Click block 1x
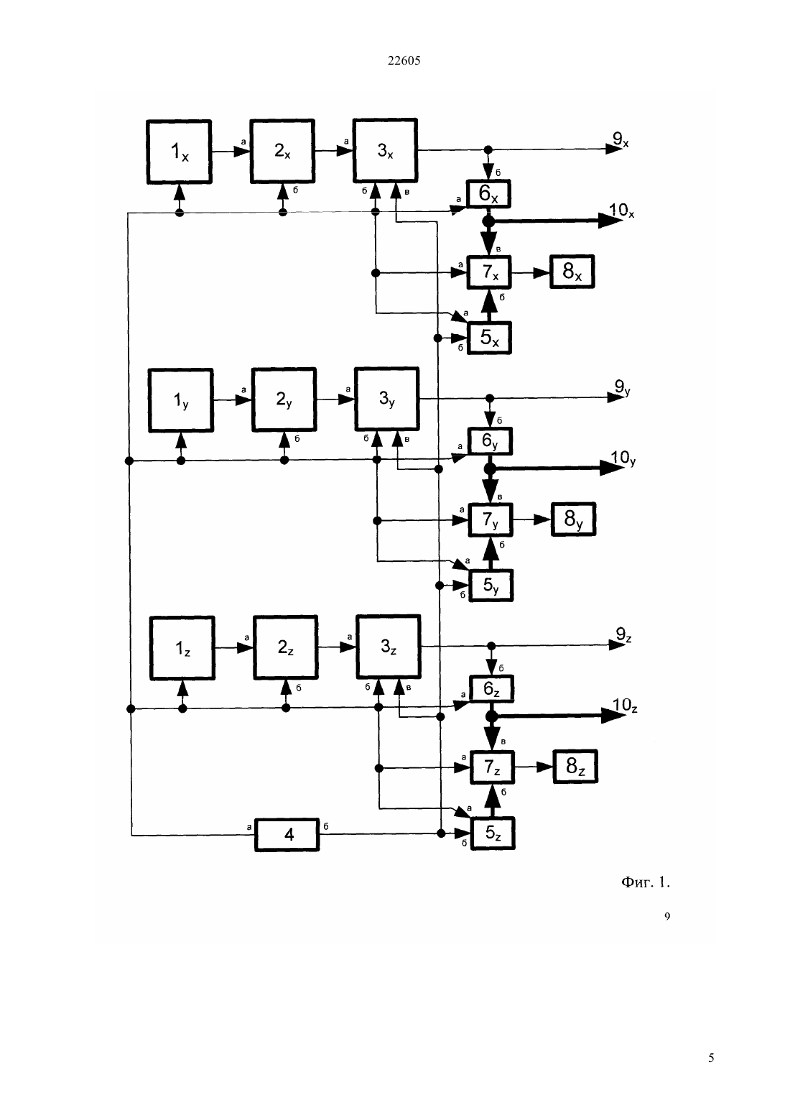(x=179, y=152)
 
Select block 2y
(x=284, y=399)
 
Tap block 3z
(x=389, y=647)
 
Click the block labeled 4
(x=287, y=835)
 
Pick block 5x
(x=489, y=338)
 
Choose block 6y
(x=491, y=441)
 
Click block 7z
(x=493, y=767)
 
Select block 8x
(x=572, y=272)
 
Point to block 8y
(x=574, y=519)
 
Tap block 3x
(x=385, y=151)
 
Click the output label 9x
(x=621, y=139)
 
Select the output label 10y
(x=623, y=458)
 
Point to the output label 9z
(x=624, y=635)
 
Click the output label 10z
(x=625, y=706)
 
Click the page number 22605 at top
(x=404, y=60)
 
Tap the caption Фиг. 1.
(x=646, y=882)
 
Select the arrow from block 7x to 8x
(x=531, y=272)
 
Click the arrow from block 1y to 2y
(x=233, y=399)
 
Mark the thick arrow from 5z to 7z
(x=493, y=801)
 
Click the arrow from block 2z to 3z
(x=337, y=647)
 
